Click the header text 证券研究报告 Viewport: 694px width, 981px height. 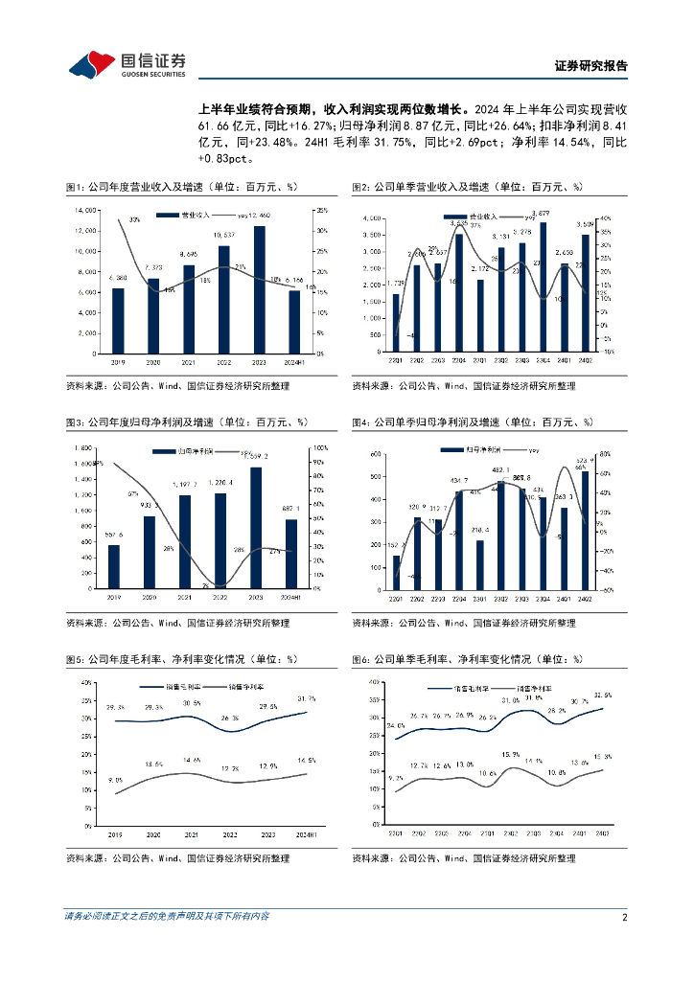pyautogui.click(x=591, y=66)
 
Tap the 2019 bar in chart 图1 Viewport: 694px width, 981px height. pyautogui.click(x=118, y=320)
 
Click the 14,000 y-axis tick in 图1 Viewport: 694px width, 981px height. pyautogui.click(x=84, y=209)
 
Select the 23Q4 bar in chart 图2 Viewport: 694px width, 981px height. pyautogui.click(x=543, y=286)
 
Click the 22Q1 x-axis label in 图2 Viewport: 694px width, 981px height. pyautogui.click(x=396, y=361)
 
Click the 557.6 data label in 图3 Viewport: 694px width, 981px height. pyautogui.click(x=114, y=535)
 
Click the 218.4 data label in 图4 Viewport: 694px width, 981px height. pyautogui.click(x=479, y=530)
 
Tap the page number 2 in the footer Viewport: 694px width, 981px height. pyautogui.click(x=624, y=917)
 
